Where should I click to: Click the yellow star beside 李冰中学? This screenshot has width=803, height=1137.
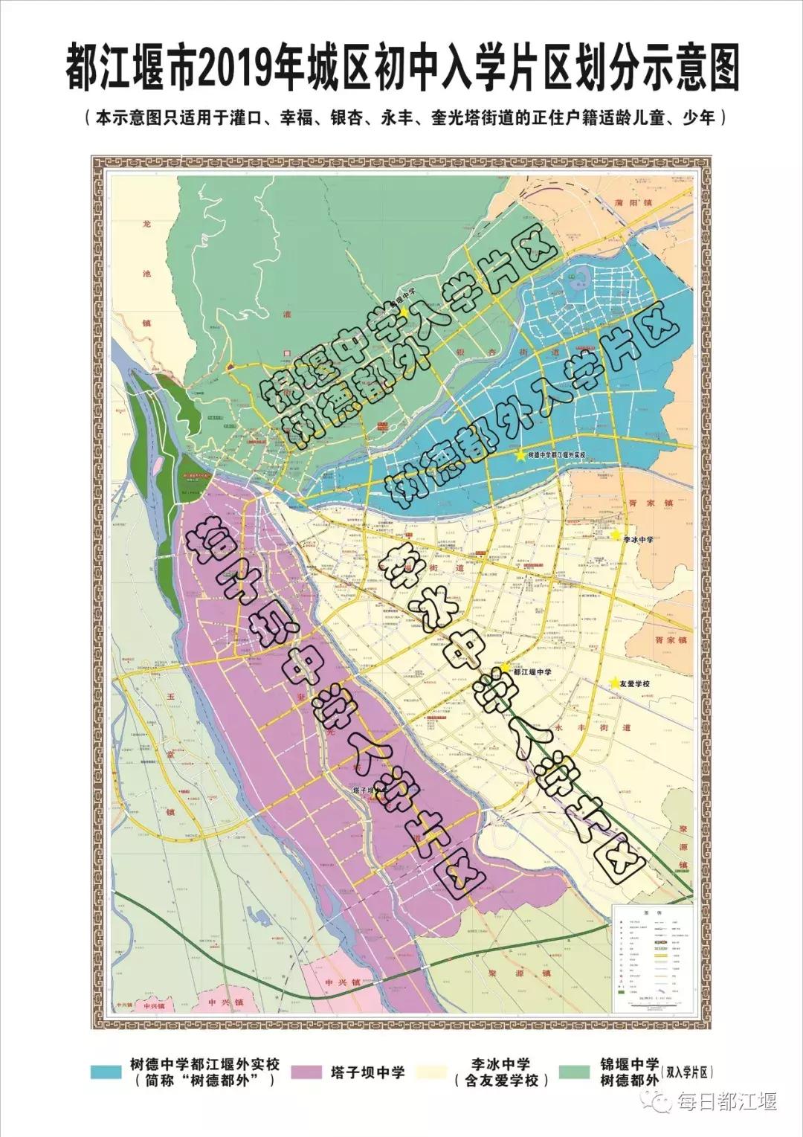615,535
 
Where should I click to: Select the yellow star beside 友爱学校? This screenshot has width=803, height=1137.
614,683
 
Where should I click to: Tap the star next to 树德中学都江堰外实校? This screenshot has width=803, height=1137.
519,455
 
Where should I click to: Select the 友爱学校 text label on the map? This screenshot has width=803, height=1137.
635,683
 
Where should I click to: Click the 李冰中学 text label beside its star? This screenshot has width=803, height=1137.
638,538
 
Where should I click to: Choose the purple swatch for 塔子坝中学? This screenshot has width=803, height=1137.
307,1072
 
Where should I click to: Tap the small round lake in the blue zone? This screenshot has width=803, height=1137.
573,280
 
